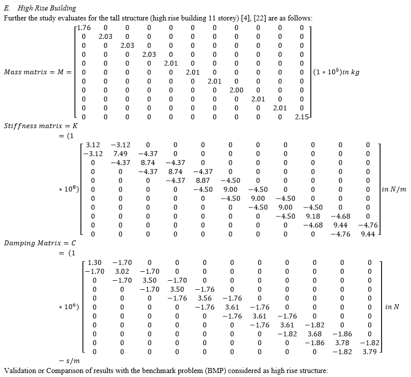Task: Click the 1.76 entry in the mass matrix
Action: tap(84, 28)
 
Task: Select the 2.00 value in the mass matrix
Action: tap(237, 90)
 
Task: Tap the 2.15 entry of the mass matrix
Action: tap(302, 117)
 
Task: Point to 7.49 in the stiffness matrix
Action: tap(121, 154)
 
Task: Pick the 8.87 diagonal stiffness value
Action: tap(203, 181)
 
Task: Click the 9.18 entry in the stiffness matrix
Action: tap(313, 216)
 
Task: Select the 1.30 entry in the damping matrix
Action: tap(94, 263)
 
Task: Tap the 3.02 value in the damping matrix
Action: tap(122, 272)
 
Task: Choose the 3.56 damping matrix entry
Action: tap(205, 298)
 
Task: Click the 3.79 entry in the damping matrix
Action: tap(370, 352)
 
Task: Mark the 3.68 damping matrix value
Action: tap(314, 334)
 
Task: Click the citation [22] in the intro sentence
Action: tap(260, 18)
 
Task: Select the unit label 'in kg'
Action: tap(351, 72)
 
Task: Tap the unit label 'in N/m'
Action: tap(394, 189)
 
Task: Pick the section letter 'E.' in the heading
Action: tap(7, 8)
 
